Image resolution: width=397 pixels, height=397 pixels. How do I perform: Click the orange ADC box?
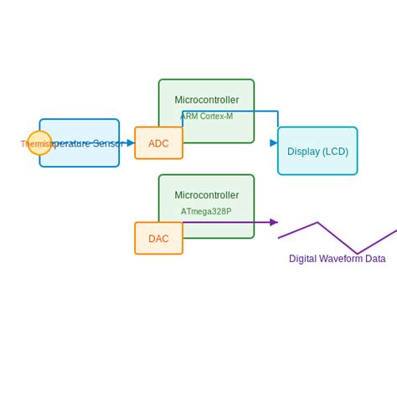158,143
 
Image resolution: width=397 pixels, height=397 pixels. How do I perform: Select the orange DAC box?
158,239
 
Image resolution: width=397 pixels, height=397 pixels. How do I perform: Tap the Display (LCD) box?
317,151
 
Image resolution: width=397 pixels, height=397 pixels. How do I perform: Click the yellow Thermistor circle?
39,143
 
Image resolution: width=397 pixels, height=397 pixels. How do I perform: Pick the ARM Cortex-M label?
206,116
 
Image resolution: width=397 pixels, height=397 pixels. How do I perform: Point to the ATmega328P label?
206,212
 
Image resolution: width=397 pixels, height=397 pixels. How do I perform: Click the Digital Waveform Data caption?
337,259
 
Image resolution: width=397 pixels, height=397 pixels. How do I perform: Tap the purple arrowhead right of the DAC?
274,222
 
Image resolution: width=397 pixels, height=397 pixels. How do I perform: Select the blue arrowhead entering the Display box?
274,143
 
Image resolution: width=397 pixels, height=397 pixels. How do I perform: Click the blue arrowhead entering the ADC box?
131,143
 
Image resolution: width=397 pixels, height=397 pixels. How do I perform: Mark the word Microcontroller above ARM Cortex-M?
206,100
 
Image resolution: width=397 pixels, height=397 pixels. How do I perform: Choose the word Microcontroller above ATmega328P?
206,195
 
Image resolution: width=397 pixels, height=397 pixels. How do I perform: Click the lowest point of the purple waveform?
358,254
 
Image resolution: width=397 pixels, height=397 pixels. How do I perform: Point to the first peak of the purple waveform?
317,223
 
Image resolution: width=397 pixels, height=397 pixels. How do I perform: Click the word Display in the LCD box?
304,152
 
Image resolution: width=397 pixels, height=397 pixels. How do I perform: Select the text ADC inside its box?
158,144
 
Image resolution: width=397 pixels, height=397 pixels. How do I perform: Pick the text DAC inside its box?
158,239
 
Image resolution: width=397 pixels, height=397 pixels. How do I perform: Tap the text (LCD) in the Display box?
336,152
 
